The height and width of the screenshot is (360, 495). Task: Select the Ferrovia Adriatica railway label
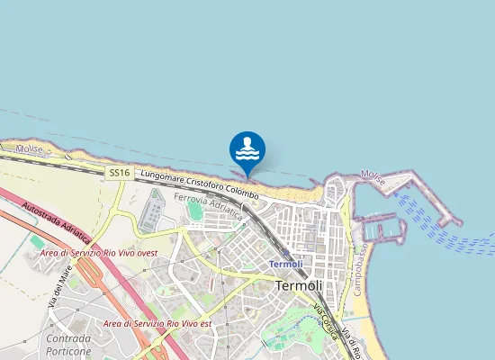[209, 206]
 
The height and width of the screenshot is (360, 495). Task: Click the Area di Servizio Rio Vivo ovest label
[99, 253]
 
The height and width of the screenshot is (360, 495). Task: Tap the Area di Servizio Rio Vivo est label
[157, 322]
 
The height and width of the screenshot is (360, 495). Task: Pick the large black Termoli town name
[297, 285]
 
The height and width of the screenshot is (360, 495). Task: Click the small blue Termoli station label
[285, 264]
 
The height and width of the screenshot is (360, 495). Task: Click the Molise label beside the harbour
[373, 176]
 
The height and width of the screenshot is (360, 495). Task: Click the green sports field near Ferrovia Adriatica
[195, 211]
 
